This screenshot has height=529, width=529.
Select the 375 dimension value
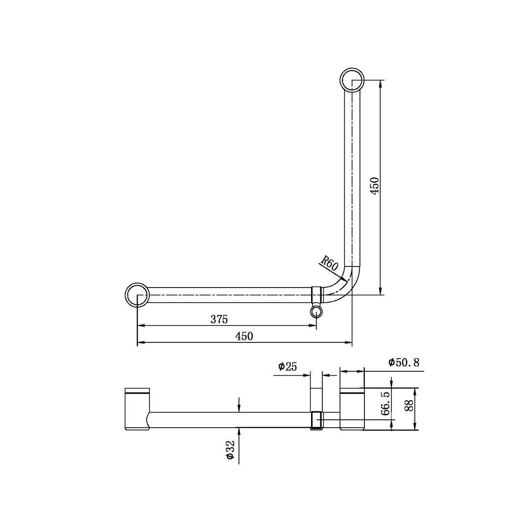(x=219, y=319)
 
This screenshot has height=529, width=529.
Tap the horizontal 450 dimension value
(x=244, y=336)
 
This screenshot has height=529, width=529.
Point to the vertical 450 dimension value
(x=375, y=186)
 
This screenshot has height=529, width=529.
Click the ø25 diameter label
(x=288, y=366)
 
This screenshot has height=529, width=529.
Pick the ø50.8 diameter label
(x=404, y=362)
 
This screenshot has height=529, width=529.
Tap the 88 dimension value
(x=409, y=405)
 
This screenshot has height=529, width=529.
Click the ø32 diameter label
(x=230, y=449)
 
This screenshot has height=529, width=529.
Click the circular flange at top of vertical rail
(x=352, y=79)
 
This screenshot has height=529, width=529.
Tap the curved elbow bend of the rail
(x=343, y=286)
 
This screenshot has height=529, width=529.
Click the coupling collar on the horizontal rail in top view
(x=316, y=295)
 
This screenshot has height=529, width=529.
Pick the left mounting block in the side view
(x=137, y=409)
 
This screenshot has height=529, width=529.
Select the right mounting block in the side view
(x=352, y=409)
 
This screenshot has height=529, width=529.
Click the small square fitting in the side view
(x=316, y=420)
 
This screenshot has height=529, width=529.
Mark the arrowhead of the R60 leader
(x=344, y=279)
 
